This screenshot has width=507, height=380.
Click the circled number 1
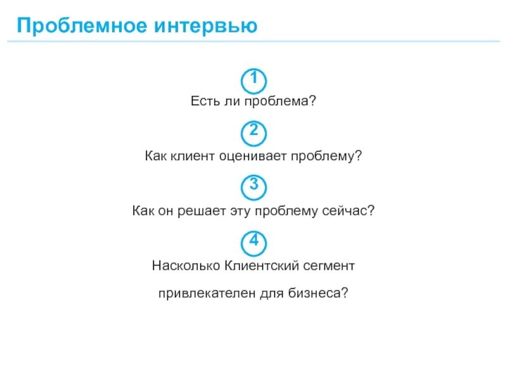click(x=253, y=80)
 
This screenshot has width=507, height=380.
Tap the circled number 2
click(x=253, y=133)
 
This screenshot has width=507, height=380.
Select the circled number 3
click(x=253, y=186)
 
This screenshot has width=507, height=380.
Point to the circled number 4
click(x=253, y=241)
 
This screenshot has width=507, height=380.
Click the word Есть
click(x=204, y=101)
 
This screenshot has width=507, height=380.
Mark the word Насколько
click(x=185, y=264)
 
